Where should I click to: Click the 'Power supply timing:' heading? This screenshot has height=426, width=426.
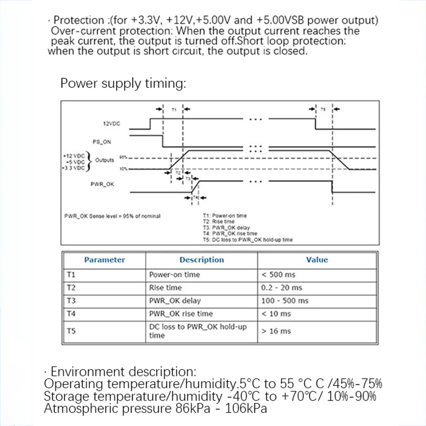click(x=123, y=84)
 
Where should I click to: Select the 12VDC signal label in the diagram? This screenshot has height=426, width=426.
click(x=111, y=124)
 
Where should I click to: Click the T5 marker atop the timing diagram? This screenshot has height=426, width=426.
click(x=323, y=109)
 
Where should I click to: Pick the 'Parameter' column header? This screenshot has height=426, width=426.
click(x=104, y=260)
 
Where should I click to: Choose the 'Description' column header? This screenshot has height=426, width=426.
click(x=201, y=260)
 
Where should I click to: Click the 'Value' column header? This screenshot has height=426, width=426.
click(x=317, y=260)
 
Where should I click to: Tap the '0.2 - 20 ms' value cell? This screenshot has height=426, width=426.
click(x=282, y=288)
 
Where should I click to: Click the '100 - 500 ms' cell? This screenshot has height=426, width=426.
click(x=285, y=301)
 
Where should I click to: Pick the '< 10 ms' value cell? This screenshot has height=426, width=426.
click(x=276, y=314)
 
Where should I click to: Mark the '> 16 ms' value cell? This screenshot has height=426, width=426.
click(x=276, y=331)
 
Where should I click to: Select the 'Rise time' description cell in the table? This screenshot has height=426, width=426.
click(x=166, y=288)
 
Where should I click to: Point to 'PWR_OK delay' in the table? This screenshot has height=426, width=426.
click(x=175, y=301)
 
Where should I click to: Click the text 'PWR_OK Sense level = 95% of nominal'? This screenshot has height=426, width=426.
click(x=113, y=216)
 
